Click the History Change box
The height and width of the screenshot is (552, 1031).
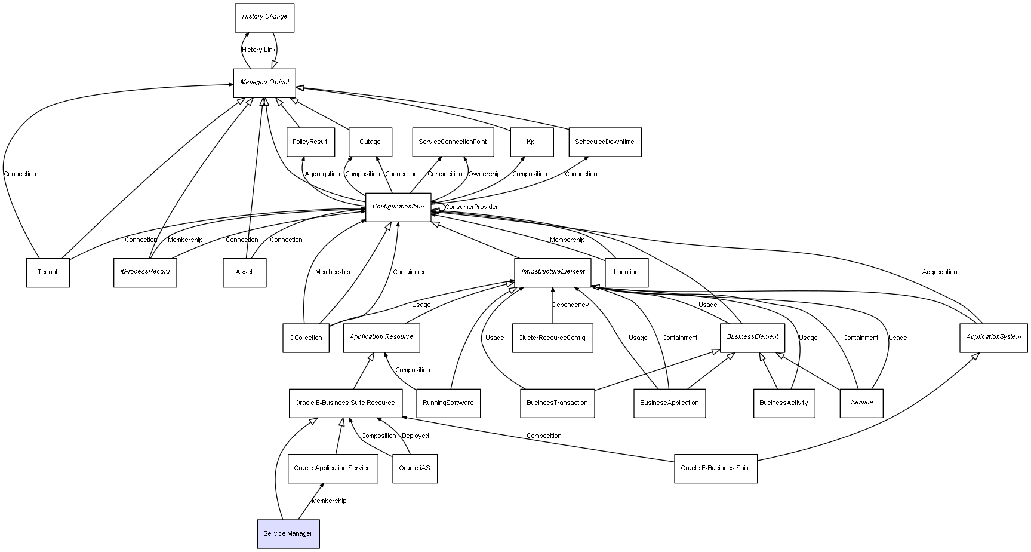tap(264, 17)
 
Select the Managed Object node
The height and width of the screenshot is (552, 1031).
tap(264, 82)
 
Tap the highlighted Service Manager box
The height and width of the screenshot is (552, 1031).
tap(288, 533)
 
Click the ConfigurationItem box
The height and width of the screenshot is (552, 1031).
tap(398, 207)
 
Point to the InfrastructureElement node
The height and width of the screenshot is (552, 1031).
tap(553, 272)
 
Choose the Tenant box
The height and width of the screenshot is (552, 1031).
tap(48, 272)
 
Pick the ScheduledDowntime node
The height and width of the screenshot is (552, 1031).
tap(604, 142)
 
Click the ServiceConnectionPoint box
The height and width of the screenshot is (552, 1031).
tap(453, 142)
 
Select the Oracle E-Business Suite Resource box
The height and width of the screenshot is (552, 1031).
tap(344, 403)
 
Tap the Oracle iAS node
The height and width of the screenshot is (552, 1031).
tap(414, 468)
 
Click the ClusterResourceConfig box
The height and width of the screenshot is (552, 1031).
tap(552, 338)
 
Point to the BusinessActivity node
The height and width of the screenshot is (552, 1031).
tap(783, 403)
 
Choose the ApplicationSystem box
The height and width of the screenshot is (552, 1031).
tap(993, 338)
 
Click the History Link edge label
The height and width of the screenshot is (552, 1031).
tap(258, 50)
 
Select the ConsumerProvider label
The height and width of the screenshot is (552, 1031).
tap(471, 207)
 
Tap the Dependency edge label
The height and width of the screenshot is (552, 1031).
tap(570, 305)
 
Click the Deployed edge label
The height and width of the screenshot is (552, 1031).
tap(415, 436)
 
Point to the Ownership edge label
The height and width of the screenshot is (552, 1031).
tap(484, 174)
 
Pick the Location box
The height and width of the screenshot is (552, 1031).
tap(626, 272)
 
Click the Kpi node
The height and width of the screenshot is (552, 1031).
tap(531, 142)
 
